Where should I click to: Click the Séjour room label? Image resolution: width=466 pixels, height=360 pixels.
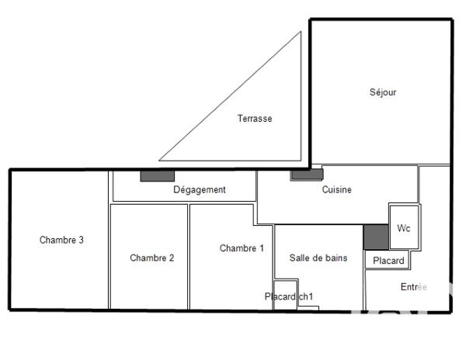click(383, 92)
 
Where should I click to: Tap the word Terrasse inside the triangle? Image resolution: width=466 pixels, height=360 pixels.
click(255, 119)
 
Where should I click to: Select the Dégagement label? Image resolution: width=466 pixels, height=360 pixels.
click(199, 189)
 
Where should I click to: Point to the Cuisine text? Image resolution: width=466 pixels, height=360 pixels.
click(336, 189)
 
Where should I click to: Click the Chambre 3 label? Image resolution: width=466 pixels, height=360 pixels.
click(61, 240)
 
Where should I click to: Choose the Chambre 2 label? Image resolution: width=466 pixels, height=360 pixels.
click(151, 258)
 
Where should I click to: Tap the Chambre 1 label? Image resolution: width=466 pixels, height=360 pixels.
click(242, 248)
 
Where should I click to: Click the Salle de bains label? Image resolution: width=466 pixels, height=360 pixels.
click(318, 258)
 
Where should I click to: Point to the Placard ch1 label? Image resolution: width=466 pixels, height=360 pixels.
click(288, 296)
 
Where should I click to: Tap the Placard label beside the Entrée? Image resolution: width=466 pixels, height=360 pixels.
click(388, 261)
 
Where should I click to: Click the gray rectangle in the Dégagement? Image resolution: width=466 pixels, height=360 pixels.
click(157, 176)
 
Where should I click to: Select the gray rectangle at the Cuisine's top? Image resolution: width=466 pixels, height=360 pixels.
click(307, 175)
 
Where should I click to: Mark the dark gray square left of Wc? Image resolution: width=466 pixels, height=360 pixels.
click(375, 237)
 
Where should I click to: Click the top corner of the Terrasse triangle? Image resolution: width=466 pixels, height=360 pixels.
click(300, 33)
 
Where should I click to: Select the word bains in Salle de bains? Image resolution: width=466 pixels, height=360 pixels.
click(335, 258)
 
